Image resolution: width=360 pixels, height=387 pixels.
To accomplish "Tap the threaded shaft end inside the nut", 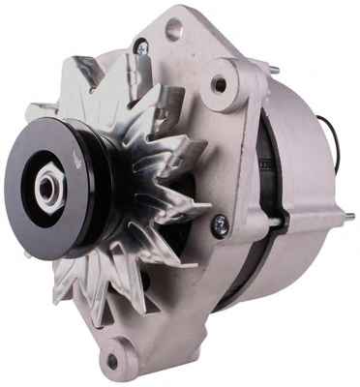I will pyautogui.click(x=46, y=185).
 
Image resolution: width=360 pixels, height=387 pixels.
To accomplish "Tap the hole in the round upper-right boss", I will pyautogui.click(x=220, y=85).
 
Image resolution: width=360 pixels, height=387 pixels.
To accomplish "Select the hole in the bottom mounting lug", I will pyautogui.click(x=113, y=361).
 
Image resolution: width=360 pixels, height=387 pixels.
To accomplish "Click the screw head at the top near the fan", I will pyautogui.click(x=141, y=45).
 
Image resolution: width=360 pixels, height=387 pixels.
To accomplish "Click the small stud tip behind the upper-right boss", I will pyautogui.click(x=273, y=70).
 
